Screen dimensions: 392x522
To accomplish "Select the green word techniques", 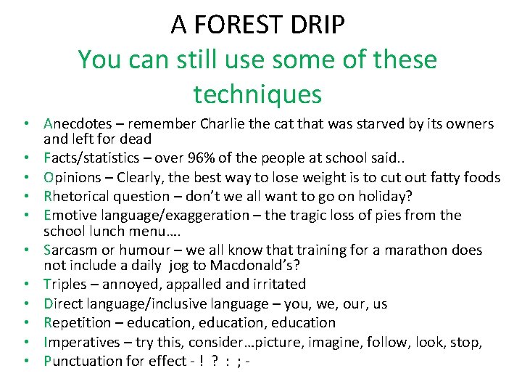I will click(257, 94).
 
